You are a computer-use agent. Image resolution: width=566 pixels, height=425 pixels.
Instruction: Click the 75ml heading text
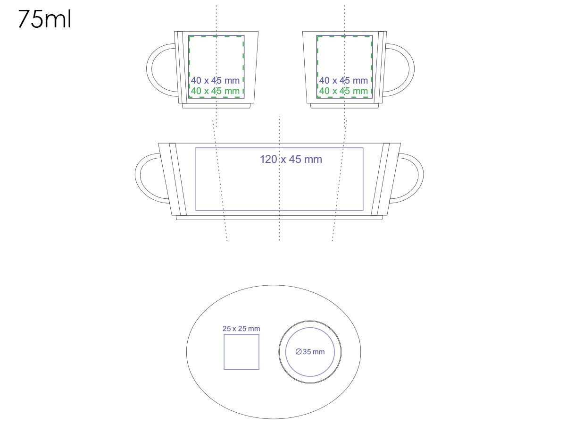point(44,19)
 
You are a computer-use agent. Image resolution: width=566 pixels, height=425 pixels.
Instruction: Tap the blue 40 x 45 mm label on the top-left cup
point(215,80)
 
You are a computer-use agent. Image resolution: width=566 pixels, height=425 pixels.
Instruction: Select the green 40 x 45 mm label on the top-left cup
point(215,91)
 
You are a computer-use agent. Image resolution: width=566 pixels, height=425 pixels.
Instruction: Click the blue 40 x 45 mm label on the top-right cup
point(343,80)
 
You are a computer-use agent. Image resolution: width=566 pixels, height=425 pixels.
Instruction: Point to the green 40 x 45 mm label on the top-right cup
point(343,91)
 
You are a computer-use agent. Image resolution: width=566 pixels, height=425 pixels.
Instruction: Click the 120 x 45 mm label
point(291,159)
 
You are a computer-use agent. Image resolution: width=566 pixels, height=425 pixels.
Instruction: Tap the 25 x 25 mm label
point(241,329)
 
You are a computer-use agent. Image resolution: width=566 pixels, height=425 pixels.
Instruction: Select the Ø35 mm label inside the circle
point(310,351)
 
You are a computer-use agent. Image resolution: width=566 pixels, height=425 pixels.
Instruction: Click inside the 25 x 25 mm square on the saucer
point(241,352)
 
